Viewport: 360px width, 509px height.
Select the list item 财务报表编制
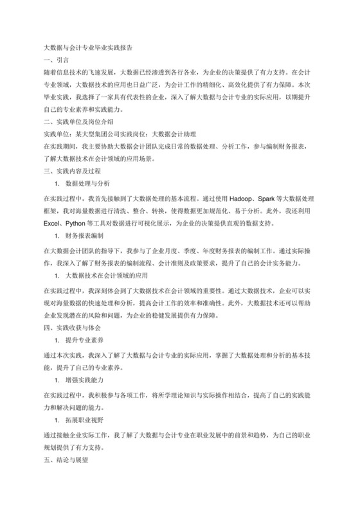(85, 236)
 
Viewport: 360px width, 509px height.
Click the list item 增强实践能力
(85, 379)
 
